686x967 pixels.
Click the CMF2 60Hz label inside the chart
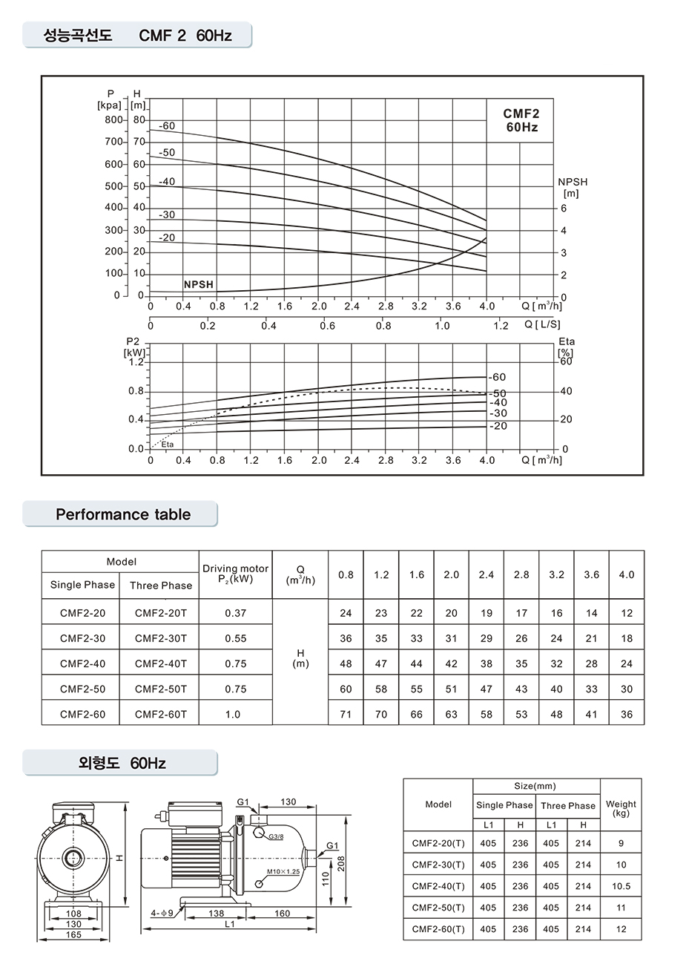point(521,120)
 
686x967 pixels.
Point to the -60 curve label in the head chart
point(167,126)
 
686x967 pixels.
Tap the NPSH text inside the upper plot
point(198,284)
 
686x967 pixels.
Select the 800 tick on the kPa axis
point(113,119)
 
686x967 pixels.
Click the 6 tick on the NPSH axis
point(563,209)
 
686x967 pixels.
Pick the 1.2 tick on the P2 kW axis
point(135,362)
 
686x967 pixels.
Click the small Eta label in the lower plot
point(167,445)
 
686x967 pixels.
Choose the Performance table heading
point(123,514)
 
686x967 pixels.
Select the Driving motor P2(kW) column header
point(235,574)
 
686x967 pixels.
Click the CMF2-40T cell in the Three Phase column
point(161,663)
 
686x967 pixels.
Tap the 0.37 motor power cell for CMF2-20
point(235,613)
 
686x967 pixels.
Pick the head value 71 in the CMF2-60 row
point(346,714)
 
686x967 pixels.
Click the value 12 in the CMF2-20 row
point(627,613)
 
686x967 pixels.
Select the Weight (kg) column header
point(621,808)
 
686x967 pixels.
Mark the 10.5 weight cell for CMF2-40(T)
point(621,886)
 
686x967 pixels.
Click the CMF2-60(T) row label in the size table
point(438,928)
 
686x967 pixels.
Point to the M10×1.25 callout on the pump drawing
point(283,871)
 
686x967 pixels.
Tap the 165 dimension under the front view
point(73,935)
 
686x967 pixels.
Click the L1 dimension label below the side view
point(229,925)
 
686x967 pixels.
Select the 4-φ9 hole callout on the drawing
point(161,914)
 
